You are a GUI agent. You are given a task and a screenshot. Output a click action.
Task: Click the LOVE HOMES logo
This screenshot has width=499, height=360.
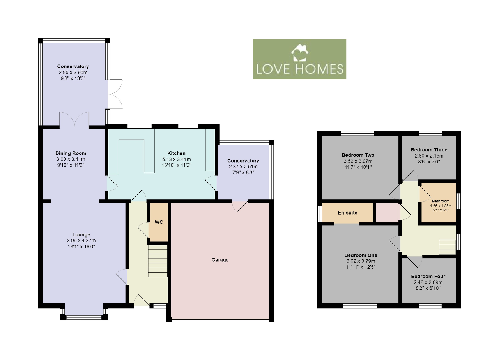299,59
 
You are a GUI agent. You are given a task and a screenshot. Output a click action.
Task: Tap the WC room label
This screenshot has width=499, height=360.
159,222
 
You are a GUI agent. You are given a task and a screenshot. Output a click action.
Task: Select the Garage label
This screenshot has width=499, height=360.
220,260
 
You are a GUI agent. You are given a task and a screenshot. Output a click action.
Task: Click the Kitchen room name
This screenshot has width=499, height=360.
176,153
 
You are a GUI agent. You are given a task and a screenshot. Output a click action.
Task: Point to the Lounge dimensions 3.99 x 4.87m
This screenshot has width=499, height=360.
81,241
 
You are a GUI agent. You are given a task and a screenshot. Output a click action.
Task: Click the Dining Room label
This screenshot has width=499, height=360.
71,153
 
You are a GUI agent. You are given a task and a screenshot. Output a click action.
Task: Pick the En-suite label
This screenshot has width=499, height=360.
347,213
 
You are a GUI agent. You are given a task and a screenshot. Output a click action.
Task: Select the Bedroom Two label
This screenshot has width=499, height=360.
358,155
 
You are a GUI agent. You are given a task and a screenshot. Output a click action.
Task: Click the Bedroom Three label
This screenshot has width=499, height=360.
429,150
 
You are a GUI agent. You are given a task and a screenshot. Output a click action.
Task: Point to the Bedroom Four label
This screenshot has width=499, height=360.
428,276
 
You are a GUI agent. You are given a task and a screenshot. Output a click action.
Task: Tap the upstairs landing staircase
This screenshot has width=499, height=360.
447,247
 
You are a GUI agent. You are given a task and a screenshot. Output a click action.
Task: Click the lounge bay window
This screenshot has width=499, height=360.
84,316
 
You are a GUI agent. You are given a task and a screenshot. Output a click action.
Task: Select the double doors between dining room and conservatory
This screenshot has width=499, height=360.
74,119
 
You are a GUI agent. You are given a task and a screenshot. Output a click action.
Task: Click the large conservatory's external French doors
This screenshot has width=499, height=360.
114,94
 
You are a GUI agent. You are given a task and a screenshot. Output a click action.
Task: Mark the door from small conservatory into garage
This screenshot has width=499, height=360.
239,206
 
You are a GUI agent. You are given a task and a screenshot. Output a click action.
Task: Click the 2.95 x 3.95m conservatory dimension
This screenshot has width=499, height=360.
73,73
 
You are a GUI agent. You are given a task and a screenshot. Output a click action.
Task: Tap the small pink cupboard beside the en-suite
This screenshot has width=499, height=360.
388,213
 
